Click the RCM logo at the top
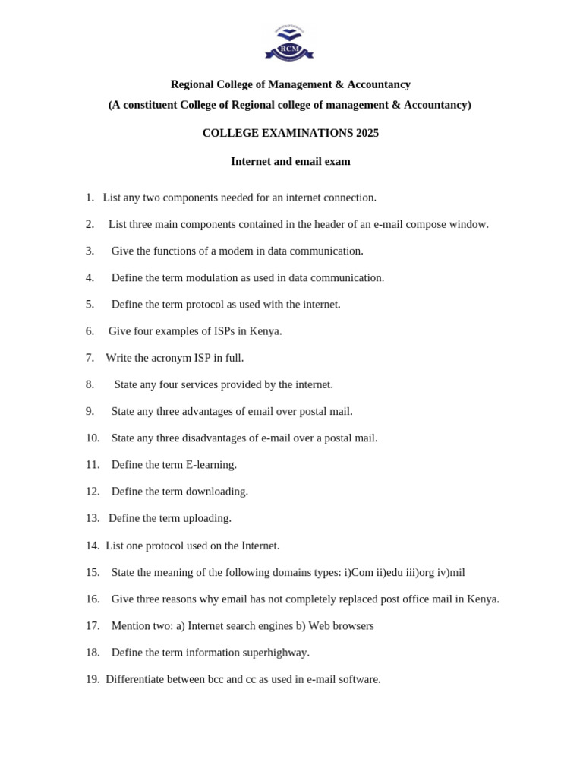289,43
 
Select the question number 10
93,438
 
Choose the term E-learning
211,464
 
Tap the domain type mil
457,572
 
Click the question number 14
93,546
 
